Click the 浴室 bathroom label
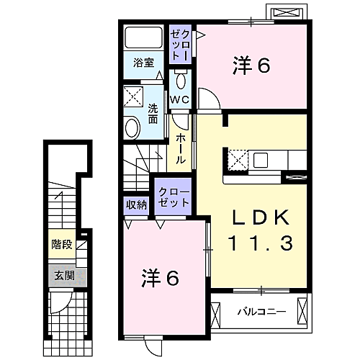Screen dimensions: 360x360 pos(143,62)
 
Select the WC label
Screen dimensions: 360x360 pos(180,99)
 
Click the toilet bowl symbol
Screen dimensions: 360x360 pos(181,78)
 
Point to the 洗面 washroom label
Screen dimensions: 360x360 pos(153,113)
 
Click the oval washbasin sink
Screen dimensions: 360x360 pos(133,128)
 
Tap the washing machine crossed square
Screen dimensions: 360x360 pos(133,96)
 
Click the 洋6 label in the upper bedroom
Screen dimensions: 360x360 pos(250,66)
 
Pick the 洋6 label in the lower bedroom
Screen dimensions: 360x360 pos(159,276)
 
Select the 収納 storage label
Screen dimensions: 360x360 pos(136,204)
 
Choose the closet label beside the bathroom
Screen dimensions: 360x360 pos(180,44)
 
